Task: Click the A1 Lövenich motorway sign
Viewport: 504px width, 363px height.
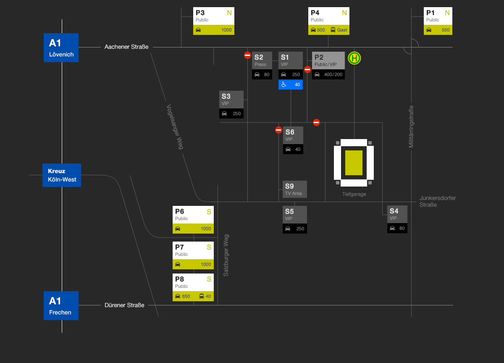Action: pyautogui.click(x=61, y=47)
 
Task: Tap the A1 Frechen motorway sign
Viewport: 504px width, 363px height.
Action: pyautogui.click(x=61, y=305)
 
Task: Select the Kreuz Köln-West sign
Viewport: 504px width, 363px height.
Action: pyautogui.click(x=62, y=175)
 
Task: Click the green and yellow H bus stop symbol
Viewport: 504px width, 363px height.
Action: pyautogui.click(x=355, y=58)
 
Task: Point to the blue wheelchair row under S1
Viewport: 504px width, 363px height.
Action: pyautogui.click(x=291, y=84)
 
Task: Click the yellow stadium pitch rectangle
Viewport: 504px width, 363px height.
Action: pyautogui.click(x=354, y=163)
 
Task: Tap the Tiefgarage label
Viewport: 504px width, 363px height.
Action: pyautogui.click(x=354, y=194)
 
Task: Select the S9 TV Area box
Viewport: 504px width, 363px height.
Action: pyautogui.click(x=295, y=189)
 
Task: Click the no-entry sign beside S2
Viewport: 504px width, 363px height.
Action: pyautogui.click(x=248, y=55)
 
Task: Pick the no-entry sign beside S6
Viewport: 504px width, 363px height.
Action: pyautogui.click(x=278, y=130)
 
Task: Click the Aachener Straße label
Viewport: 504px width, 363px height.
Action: pyautogui.click(x=126, y=47)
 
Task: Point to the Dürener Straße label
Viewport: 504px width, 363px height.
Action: pyautogui.click(x=124, y=305)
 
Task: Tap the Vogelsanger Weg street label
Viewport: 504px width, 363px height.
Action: pyautogui.click(x=175, y=127)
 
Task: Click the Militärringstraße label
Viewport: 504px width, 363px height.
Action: pyautogui.click(x=411, y=126)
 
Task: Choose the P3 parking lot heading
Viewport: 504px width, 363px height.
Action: pyautogui.click(x=200, y=13)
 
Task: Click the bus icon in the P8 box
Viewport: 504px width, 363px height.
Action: pyautogui.click(x=202, y=296)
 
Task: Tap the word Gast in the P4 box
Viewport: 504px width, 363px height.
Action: pyautogui.click(x=342, y=30)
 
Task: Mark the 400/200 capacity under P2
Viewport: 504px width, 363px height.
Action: pyautogui.click(x=333, y=75)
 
